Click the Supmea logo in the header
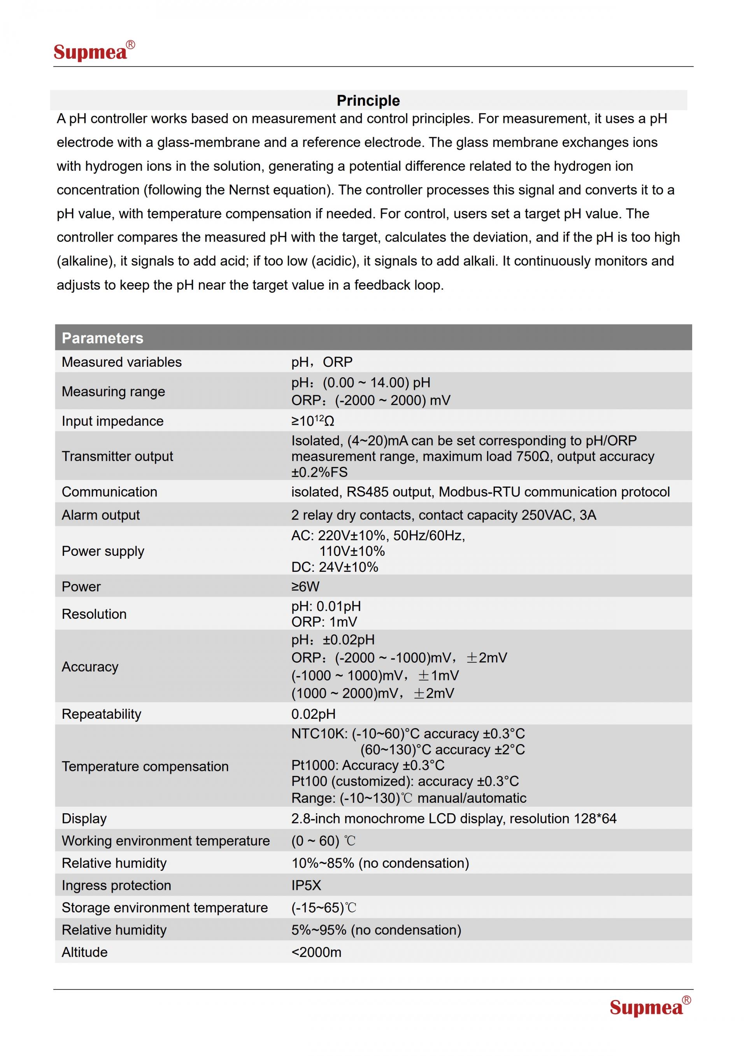(x=94, y=51)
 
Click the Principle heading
(x=368, y=101)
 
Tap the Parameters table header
(x=103, y=338)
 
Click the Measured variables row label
(x=121, y=362)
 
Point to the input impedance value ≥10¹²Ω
(x=312, y=421)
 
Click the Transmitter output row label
(x=117, y=456)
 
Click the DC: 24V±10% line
(x=335, y=567)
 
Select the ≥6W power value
(x=305, y=587)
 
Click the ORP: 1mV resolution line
(x=324, y=622)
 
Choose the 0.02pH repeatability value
(x=313, y=714)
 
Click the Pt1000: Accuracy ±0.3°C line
(x=368, y=765)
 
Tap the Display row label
(x=84, y=819)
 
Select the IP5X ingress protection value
(x=306, y=885)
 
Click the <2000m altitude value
(x=316, y=952)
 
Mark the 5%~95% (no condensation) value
(x=376, y=930)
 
